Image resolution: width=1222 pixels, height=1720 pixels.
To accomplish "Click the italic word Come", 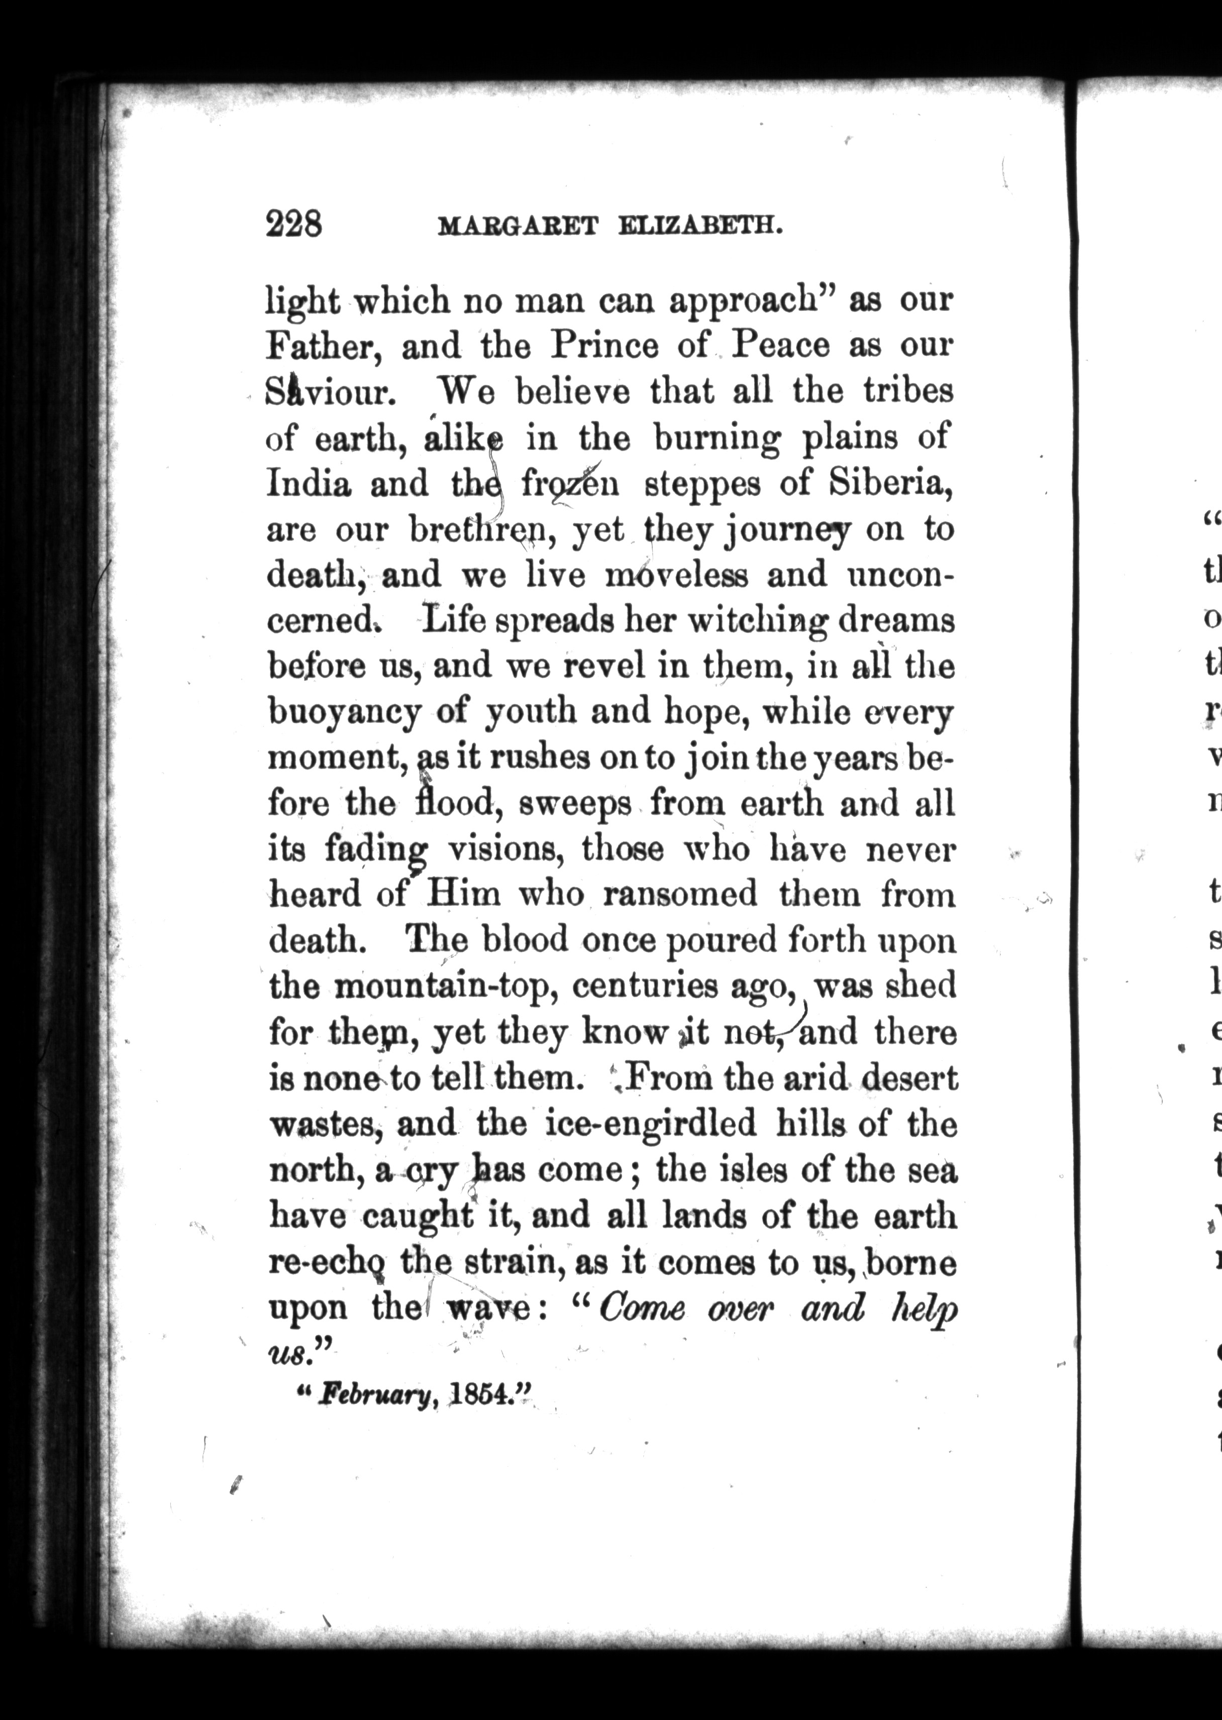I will tap(642, 1310).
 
